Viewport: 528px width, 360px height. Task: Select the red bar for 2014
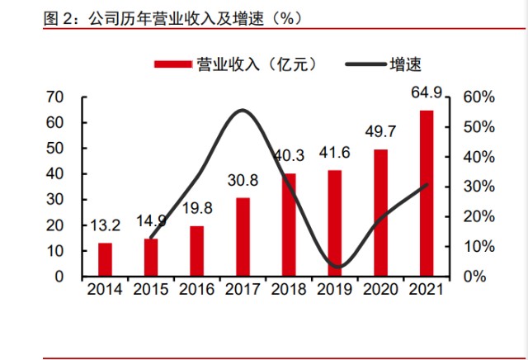click(105, 258)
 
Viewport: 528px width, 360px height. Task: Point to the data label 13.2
click(105, 225)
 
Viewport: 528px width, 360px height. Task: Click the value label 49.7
click(380, 131)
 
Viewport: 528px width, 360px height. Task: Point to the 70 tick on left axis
click(56, 97)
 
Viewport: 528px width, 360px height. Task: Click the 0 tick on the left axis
click(60, 276)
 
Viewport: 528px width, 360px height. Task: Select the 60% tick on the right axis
click(478, 97)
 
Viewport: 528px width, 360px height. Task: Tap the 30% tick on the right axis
click(478, 187)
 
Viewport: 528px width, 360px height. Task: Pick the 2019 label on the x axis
click(334, 291)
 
